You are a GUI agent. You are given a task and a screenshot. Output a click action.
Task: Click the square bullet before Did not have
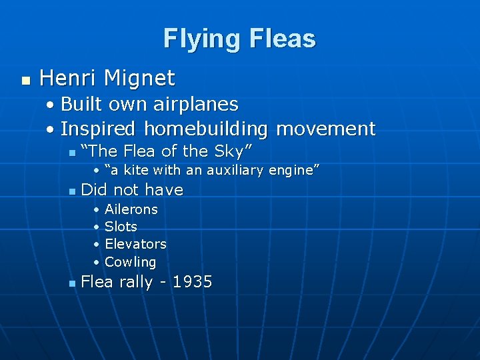pyautogui.click(x=72, y=192)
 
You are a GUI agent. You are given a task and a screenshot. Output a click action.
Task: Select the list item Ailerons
pyautogui.click(x=131, y=209)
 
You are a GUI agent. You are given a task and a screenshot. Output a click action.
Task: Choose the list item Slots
pyautogui.click(x=121, y=227)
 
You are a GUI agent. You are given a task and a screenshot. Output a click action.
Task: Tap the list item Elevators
pyautogui.click(x=135, y=244)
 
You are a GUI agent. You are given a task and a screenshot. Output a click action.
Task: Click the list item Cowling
pyautogui.click(x=130, y=262)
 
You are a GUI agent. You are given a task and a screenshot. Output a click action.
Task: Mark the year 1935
pyautogui.click(x=192, y=282)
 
